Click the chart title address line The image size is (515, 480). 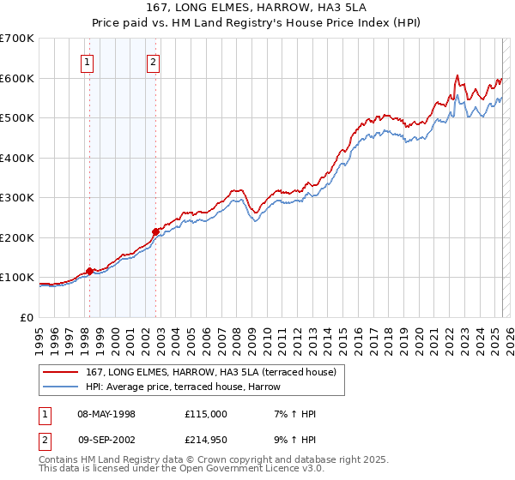click(x=257, y=9)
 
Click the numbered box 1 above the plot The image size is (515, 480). click(x=88, y=62)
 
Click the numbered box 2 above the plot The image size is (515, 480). click(x=153, y=62)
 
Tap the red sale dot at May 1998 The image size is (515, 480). click(x=89, y=271)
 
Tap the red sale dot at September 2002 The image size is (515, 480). click(x=155, y=231)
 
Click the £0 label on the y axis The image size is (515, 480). click(x=27, y=317)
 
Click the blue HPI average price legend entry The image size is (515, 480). click(x=189, y=387)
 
